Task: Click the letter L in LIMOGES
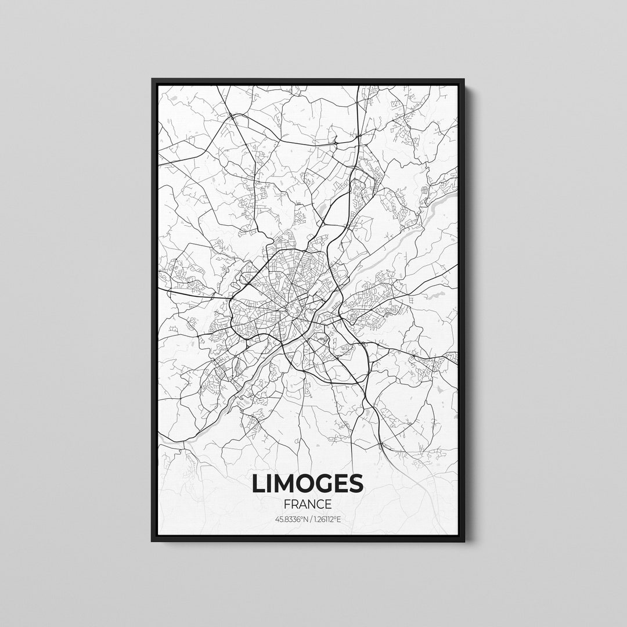(x=259, y=484)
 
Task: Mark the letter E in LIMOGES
(x=343, y=484)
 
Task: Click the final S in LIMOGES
(x=356, y=484)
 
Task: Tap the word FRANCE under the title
(x=308, y=504)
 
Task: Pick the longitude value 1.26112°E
(x=326, y=518)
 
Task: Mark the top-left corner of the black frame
(x=153, y=80)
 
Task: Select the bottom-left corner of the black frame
(x=153, y=541)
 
